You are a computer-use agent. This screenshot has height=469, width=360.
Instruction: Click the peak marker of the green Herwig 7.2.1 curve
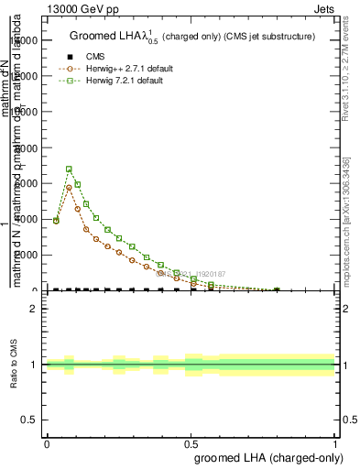[x=69, y=169]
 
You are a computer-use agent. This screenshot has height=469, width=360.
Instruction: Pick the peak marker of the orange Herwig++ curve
[x=69, y=187]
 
